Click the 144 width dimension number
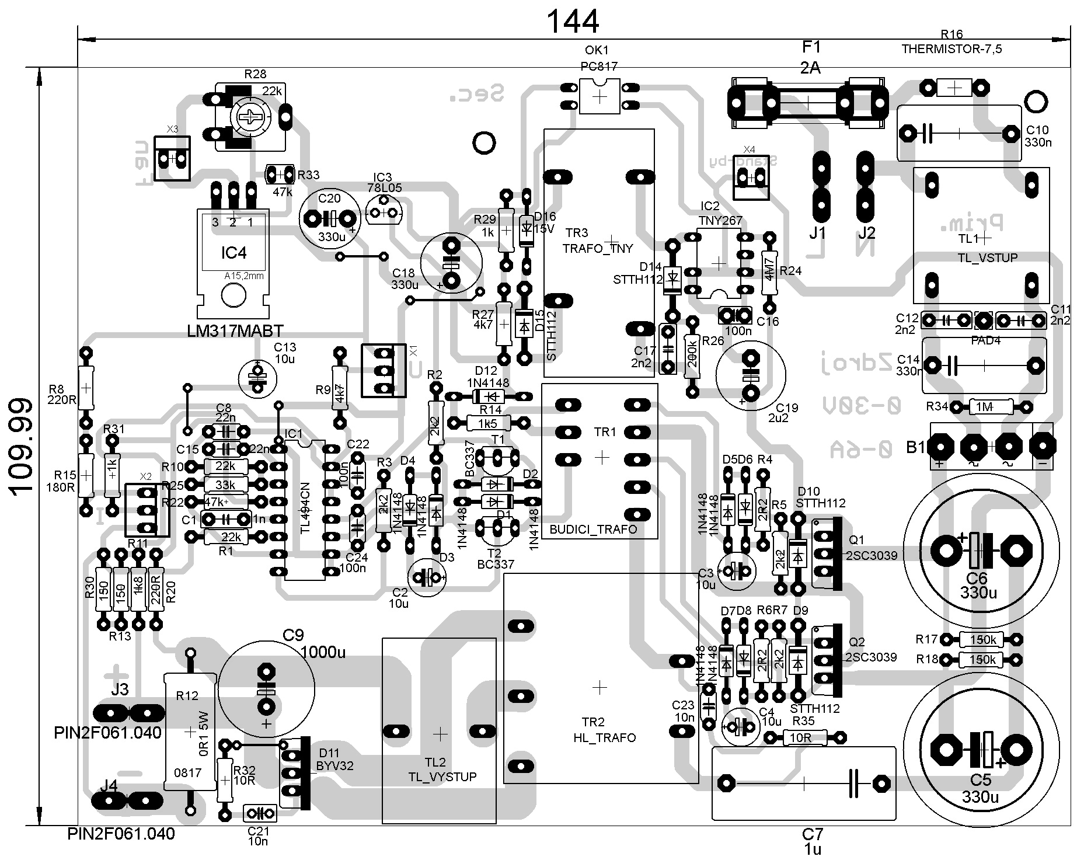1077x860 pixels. coord(573,22)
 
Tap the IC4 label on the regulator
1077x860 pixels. coord(233,252)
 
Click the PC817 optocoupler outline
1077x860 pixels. coord(599,96)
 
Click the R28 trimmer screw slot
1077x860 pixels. coord(251,117)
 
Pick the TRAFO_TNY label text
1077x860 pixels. coord(598,248)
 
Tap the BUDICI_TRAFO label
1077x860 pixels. coord(593,530)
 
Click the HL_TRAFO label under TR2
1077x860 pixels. coord(605,737)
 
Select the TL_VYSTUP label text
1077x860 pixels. coord(442,777)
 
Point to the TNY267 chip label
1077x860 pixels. coord(720,220)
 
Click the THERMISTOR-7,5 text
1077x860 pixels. coord(951,49)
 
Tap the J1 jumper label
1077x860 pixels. coord(817,233)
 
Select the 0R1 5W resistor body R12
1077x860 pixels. coord(190,731)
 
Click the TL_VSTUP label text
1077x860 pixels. coord(987,257)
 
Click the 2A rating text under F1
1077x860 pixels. coord(810,68)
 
